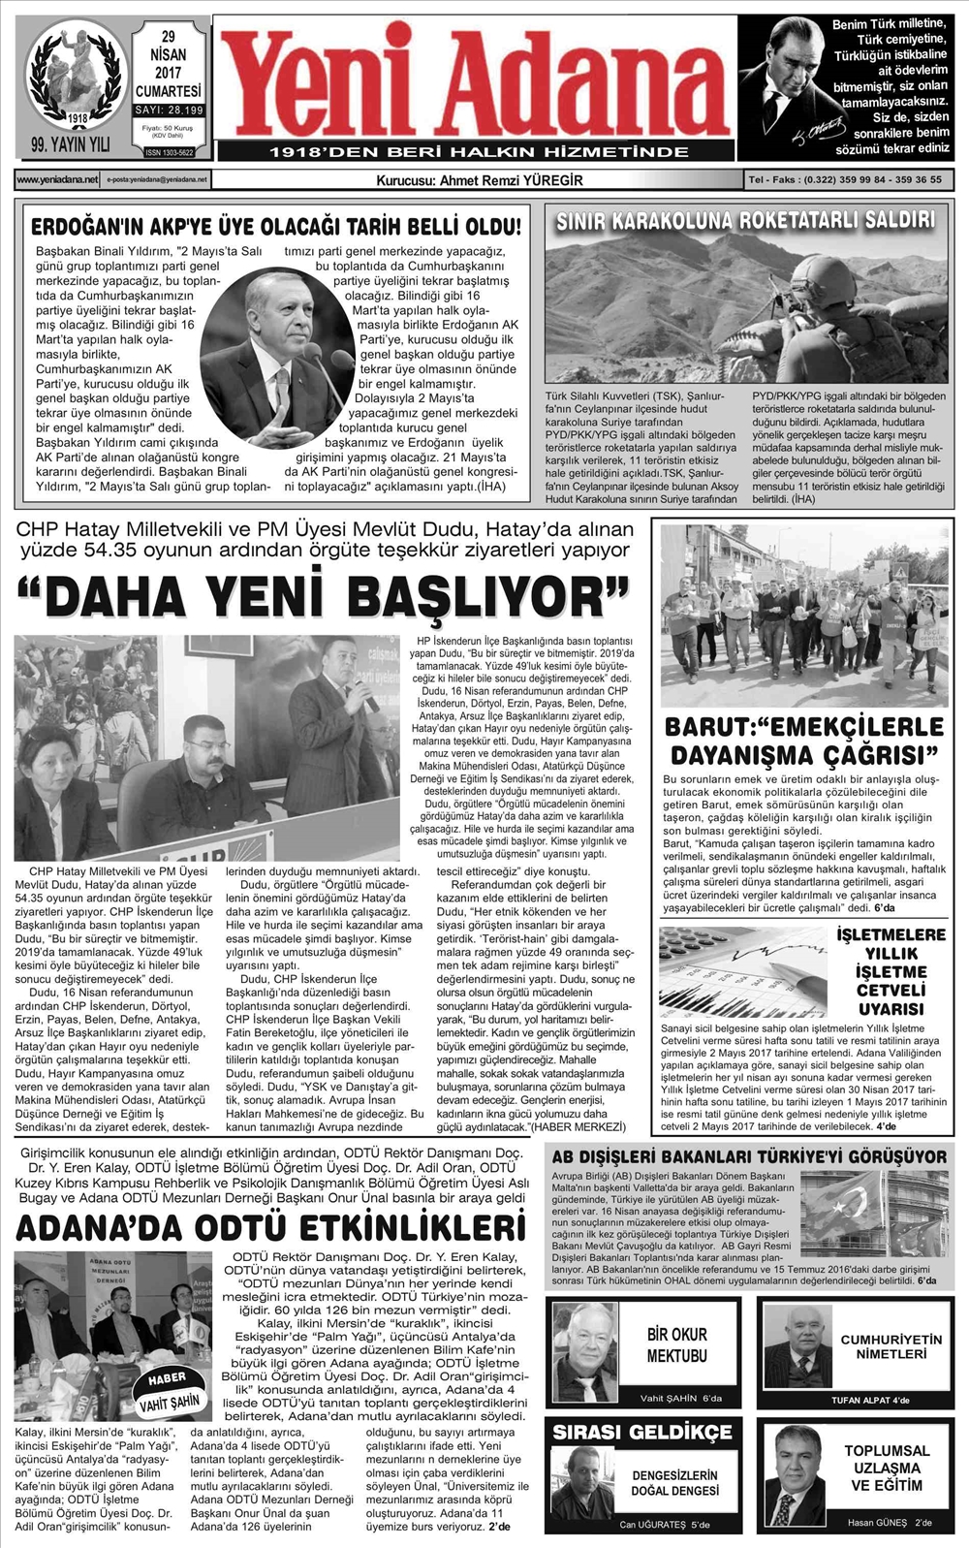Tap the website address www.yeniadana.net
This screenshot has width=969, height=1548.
(x=57, y=180)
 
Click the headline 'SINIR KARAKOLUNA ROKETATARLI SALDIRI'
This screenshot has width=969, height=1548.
(x=745, y=220)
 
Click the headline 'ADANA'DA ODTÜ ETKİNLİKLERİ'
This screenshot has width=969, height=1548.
(x=270, y=1227)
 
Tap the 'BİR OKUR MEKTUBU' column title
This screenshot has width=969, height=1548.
(x=676, y=1345)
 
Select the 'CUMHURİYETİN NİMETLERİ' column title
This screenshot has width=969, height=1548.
(x=891, y=1346)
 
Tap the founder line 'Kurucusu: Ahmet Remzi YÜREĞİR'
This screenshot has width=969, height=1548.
(x=479, y=180)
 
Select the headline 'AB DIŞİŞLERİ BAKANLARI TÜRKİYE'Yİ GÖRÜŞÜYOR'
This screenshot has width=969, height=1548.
(x=748, y=1156)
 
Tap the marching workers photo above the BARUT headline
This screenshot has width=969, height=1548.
(x=803, y=616)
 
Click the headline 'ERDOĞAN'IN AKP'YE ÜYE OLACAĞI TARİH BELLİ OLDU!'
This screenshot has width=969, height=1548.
(x=276, y=228)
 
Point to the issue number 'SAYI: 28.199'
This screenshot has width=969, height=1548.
(x=168, y=111)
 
